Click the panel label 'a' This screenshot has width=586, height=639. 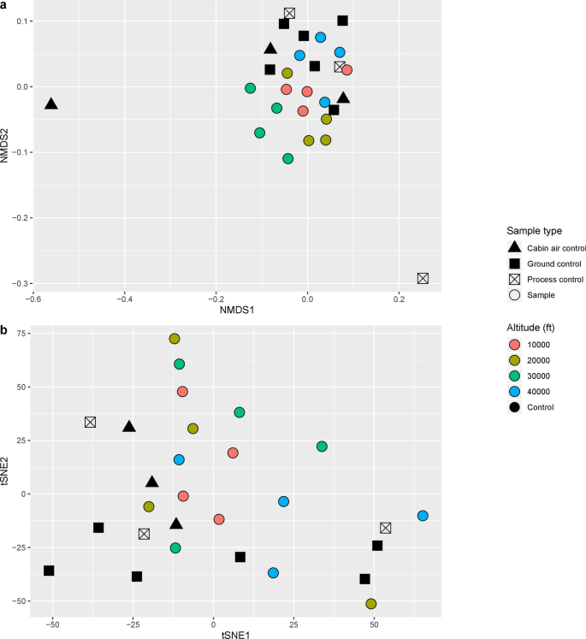pos(4,5)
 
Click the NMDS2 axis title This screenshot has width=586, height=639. pos(7,148)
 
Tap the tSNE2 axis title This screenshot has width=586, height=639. pos(7,472)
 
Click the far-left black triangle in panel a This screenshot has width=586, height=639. pos(51,104)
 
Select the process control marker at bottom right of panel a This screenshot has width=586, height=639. pos(423,278)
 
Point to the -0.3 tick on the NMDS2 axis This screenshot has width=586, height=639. pos(18,283)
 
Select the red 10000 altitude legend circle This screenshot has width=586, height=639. pos(515,342)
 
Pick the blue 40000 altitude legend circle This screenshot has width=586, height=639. pos(515,391)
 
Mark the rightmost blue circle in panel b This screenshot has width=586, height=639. pos(423,516)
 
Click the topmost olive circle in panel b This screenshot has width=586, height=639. pos(175,339)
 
